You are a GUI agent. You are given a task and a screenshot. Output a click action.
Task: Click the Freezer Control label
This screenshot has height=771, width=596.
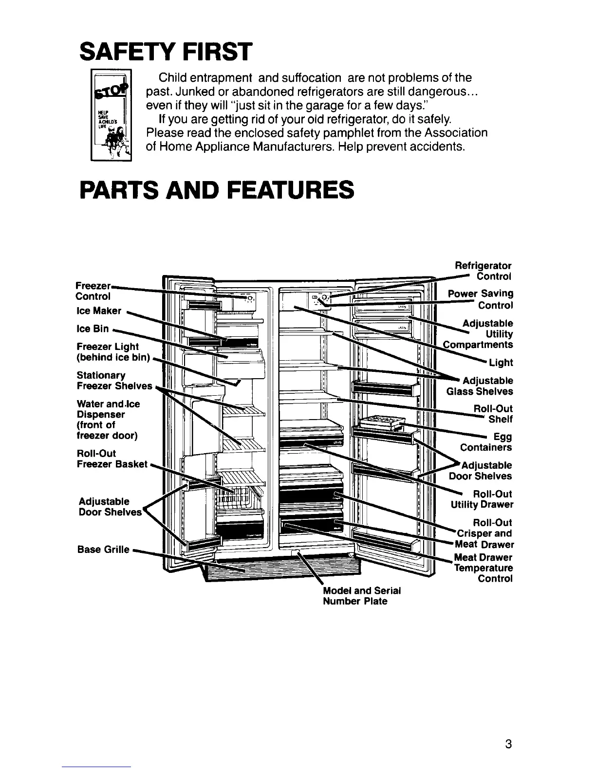(93, 291)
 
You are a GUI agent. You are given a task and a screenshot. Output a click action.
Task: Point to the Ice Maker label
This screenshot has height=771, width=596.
(99, 311)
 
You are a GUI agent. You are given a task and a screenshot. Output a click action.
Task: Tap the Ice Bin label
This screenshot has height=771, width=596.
(93, 329)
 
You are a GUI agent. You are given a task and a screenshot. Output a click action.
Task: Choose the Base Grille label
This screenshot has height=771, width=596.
(103, 550)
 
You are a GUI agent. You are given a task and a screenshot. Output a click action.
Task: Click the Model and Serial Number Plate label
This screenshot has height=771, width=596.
(361, 596)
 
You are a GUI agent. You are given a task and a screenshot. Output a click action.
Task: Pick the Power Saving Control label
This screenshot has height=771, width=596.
(481, 299)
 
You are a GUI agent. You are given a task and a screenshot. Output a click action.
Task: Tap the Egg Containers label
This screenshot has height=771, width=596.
(486, 442)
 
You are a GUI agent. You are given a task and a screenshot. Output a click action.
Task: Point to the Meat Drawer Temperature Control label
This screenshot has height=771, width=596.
(483, 568)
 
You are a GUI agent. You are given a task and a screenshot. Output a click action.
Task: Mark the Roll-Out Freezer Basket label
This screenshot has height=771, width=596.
(112, 459)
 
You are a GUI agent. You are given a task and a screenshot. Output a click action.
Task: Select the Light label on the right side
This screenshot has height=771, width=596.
(502, 362)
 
